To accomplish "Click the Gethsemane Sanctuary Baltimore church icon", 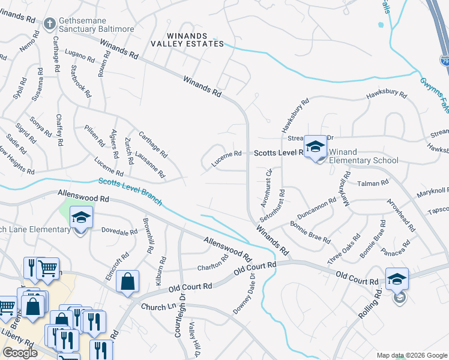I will point(50,25).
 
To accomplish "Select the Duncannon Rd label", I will point(316,209).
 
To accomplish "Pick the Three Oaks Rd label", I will point(344,248).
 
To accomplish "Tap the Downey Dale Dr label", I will point(244,294).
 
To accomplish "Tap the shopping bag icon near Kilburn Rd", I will point(128,282).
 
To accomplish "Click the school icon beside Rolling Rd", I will point(397,280).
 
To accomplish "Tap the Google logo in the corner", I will point(20,353).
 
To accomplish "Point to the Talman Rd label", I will point(373,184).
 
